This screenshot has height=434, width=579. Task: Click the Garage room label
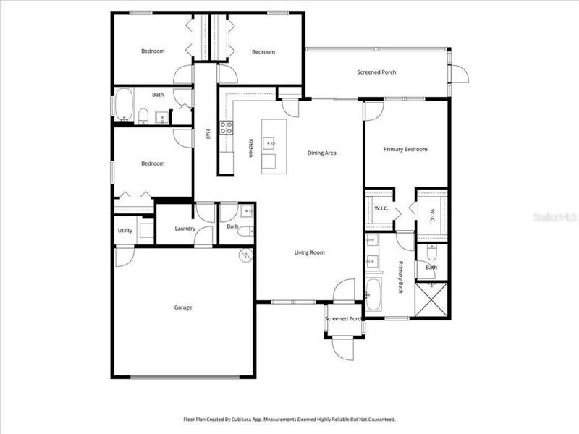182,307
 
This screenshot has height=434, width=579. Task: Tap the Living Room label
309,252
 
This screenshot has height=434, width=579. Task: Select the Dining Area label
322,153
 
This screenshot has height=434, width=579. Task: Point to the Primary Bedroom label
405,150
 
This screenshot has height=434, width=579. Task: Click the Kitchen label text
250,148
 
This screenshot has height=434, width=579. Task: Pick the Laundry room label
185,229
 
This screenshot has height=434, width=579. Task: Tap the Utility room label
124,230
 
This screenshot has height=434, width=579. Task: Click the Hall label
208,134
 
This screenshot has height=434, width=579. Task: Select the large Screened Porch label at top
376,72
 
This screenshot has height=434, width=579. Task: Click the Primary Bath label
399,276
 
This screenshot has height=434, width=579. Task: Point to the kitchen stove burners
226,127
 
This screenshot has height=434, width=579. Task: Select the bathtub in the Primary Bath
373,294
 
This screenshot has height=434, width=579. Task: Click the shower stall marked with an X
431,297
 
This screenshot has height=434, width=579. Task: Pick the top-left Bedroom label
153,51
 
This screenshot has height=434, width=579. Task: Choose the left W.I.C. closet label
381,208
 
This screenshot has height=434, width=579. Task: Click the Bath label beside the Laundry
232,226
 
